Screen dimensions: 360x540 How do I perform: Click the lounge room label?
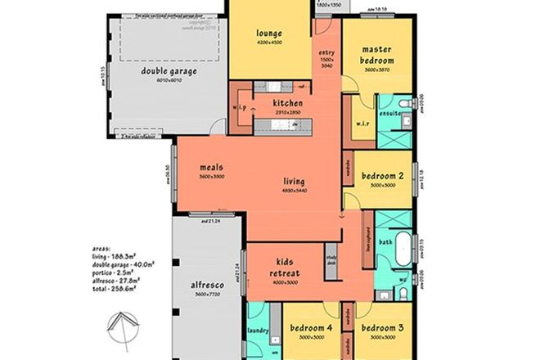coord(269,34)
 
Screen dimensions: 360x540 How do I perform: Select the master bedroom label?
coord(378,55)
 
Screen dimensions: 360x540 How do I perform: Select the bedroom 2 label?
coord(384,176)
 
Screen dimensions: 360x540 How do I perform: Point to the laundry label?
coord(256,333)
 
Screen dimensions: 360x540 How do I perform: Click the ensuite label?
coord(389,113)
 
